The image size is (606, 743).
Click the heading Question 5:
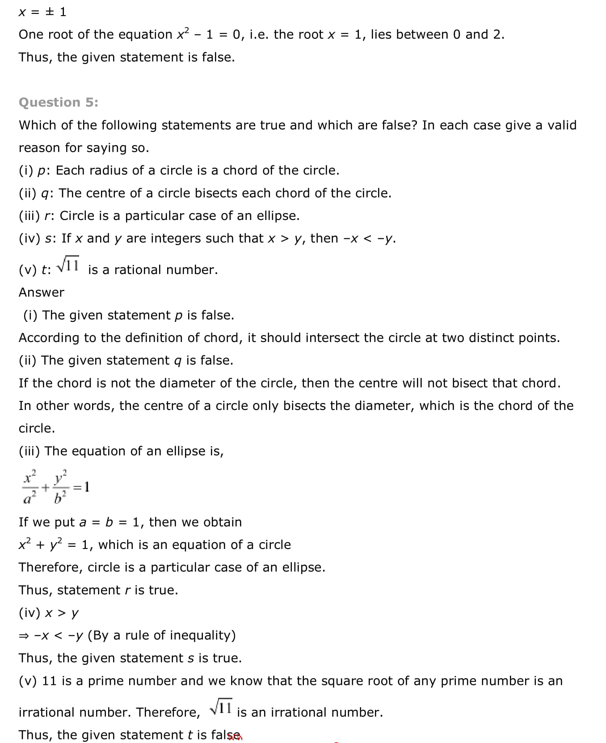(59, 102)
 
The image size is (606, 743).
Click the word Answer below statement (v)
(41, 292)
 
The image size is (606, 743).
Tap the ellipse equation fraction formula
(56, 486)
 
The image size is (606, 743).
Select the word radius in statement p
(110, 170)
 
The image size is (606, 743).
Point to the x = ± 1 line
(42, 12)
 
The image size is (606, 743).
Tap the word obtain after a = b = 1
(222, 522)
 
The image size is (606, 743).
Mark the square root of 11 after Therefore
(221, 707)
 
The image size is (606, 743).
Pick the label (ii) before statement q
(28, 193)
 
